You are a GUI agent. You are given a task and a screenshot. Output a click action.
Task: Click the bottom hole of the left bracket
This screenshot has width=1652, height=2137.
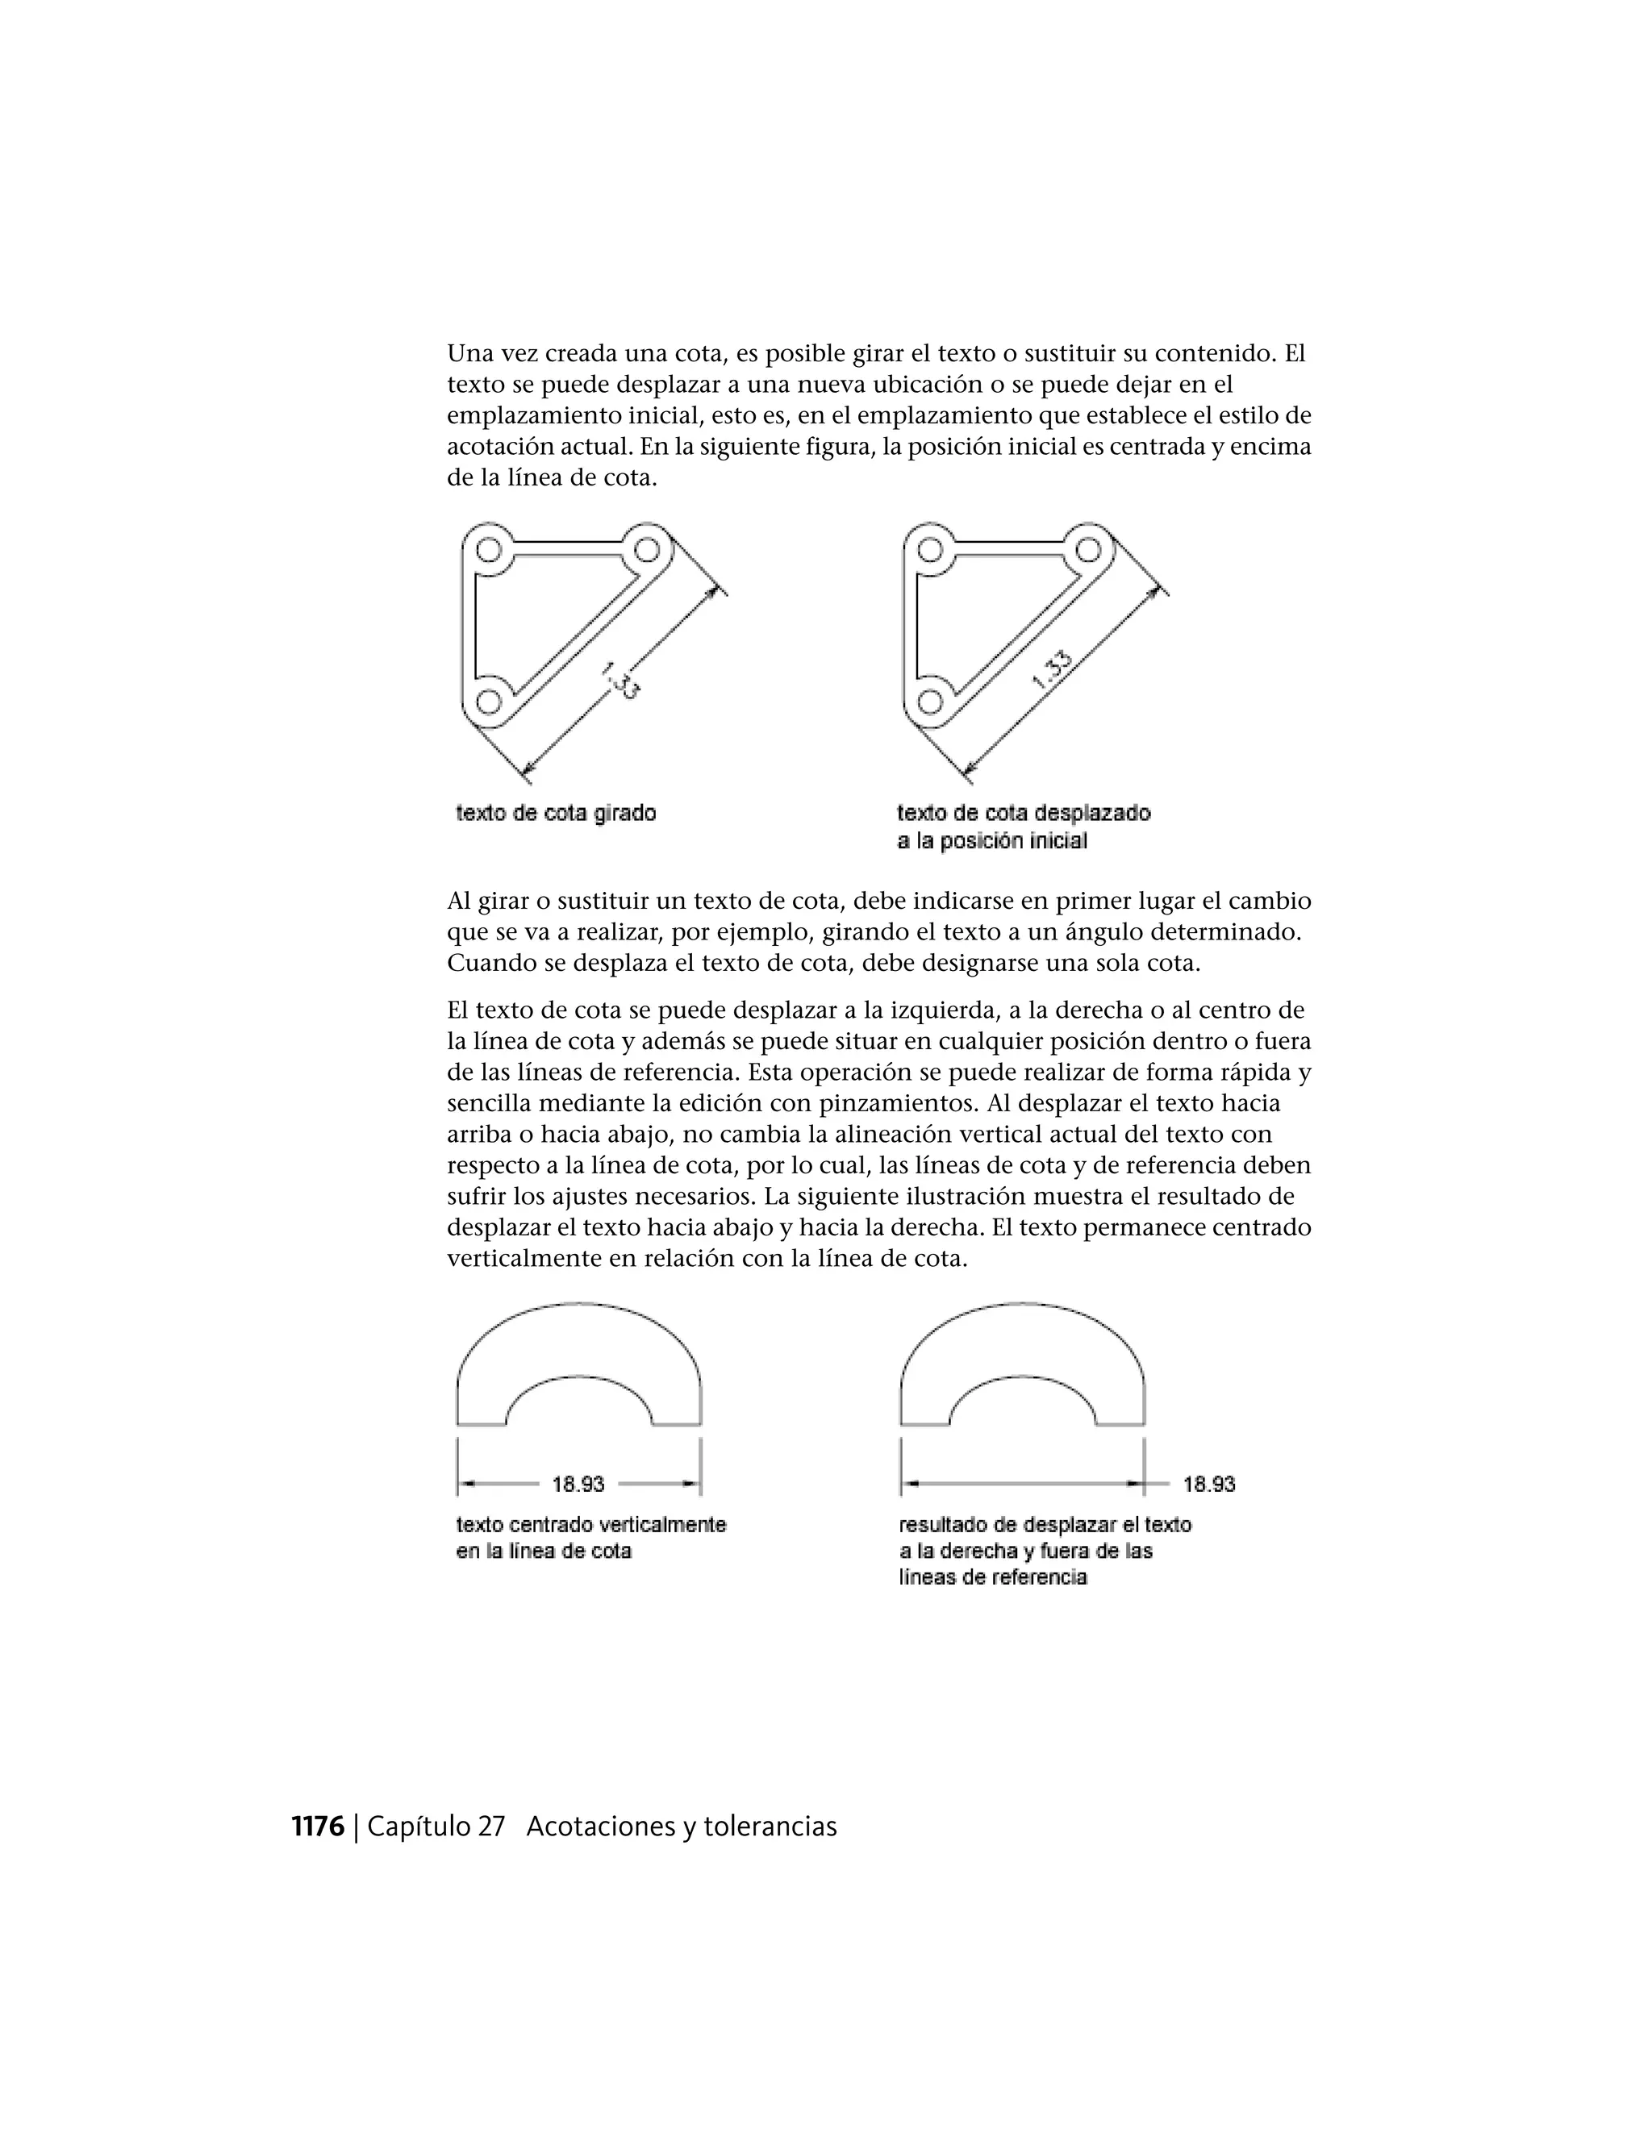click(x=490, y=701)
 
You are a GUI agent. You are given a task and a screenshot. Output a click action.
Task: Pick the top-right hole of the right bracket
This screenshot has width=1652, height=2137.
click(x=1088, y=548)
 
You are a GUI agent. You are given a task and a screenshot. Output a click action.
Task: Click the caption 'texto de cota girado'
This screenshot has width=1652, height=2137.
click(x=556, y=813)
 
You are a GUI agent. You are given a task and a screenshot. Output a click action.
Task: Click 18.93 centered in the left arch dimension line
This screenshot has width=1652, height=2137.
click(x=578, y=1485)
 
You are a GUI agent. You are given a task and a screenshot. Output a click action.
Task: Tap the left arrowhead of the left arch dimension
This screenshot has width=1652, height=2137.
click(x=468, y=1485)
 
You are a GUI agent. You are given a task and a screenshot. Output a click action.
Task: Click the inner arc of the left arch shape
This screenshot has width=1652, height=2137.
click(x=578, y=1379)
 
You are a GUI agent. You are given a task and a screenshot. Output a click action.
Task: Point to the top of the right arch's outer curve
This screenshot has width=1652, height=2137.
click(x=1023, y=1304)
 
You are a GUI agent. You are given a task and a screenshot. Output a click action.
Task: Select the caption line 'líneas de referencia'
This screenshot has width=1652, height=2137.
click(x=992, y=1577)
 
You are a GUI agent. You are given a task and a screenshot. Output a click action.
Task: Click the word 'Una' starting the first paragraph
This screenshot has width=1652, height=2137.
click(x=469, y=353)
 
